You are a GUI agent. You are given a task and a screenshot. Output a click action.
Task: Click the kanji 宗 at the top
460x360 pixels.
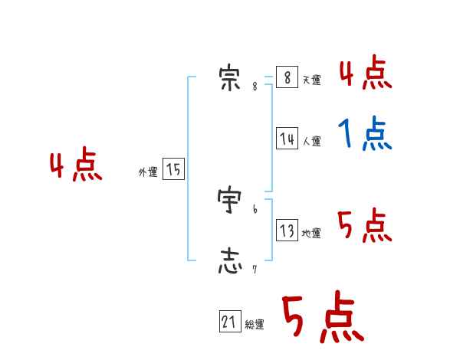[229, 79]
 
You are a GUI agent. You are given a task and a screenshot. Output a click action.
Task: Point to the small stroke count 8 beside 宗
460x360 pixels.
[255, 87]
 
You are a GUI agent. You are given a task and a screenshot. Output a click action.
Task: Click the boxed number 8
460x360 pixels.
[287, 77]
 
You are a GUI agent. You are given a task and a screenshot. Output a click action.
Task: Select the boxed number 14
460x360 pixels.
[287, 139]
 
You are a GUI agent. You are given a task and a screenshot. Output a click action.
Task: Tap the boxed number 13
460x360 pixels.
[287, 231]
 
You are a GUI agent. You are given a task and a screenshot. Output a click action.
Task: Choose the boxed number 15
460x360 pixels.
[174, 170]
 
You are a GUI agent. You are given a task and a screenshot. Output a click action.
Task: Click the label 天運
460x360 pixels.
[311, 80]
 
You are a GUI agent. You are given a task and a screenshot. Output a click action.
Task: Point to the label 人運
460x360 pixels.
[311, 142]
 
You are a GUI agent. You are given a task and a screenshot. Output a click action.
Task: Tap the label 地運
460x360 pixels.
[311, 234]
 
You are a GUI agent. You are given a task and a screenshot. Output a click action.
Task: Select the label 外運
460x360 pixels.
[148, 173]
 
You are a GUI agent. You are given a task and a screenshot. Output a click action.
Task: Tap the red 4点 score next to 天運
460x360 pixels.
[365, 74]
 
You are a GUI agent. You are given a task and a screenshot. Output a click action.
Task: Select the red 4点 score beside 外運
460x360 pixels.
[76, 166]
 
